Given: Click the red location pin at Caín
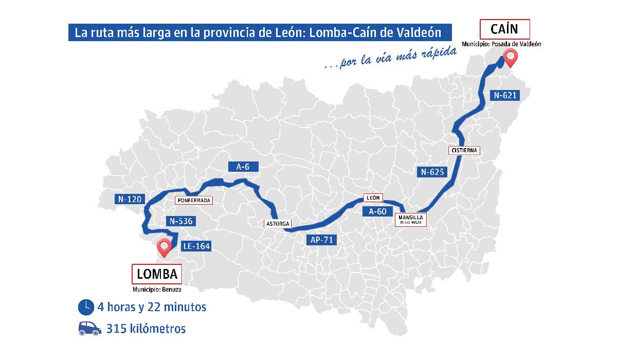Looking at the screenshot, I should tap(510, 58).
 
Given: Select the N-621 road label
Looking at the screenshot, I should tap(505, 95).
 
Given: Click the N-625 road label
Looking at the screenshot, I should tap(432, 172).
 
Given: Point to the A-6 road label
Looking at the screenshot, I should tap(243, 167).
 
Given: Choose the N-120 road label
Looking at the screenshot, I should tap(129, 199).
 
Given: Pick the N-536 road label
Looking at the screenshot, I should tap(180, 221).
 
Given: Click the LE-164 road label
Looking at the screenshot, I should tap(196, 246).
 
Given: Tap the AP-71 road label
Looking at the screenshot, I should tap(322, 239).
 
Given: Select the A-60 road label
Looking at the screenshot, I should tap(377, 211).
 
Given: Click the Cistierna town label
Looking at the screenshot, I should tap(464, 150).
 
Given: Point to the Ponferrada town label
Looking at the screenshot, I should tap(193, 201).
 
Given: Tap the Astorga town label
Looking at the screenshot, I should tap(278, 224).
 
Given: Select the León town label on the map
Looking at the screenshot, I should tap(373, 197).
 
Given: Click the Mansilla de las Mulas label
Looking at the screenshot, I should tap(411, 220).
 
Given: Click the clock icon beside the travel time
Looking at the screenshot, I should tap(86, 307).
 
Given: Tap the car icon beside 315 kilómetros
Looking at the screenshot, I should tap(89, 329).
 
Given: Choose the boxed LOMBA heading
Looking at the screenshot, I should tap(157, 274).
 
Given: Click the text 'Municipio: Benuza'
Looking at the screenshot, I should tap(157, 290).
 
